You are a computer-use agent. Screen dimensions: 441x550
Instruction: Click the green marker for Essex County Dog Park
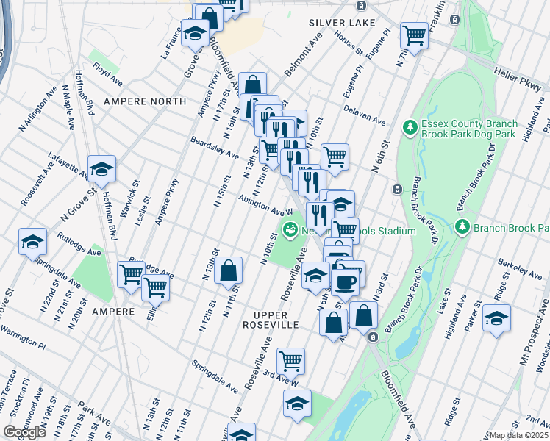coord(410,129)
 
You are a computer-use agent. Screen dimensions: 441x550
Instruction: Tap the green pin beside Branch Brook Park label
coord(463,227)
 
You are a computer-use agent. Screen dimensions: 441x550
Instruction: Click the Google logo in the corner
coord(24,432)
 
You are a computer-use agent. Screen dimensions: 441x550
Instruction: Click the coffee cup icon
coord(346,280)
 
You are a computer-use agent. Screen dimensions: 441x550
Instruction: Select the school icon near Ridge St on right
coord(496,319)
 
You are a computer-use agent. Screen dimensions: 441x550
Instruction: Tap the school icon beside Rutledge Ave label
coord(32,242)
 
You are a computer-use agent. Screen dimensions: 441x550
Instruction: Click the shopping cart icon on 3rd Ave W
coord(290,361)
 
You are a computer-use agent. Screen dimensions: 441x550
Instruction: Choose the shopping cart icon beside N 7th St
coord(414,34)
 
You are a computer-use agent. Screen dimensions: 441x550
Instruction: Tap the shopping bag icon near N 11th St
coord(229,270)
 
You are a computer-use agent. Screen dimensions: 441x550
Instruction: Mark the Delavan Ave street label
coord(364,115)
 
